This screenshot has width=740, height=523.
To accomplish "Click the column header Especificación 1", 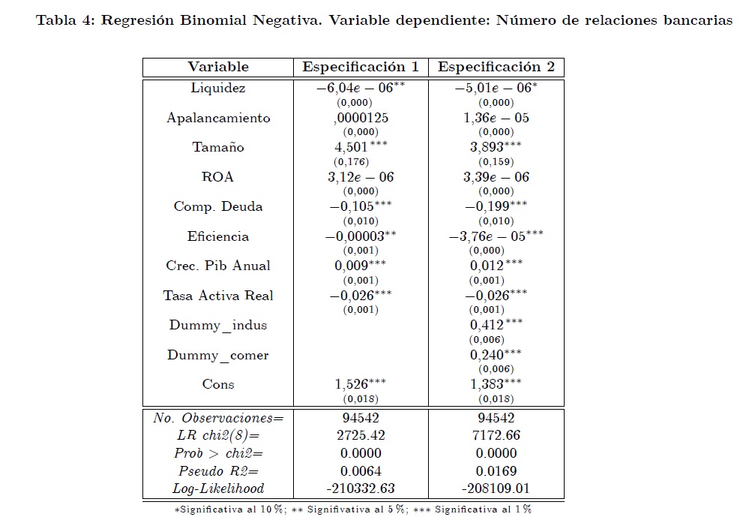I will (x=361, y=67).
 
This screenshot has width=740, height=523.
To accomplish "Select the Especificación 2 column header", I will (x=496, y=67).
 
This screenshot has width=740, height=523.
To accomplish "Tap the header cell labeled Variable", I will (x=218, y=67).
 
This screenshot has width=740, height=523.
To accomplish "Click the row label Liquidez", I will (x=218, y=88).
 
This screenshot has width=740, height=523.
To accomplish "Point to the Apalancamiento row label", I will (x=218, y=118).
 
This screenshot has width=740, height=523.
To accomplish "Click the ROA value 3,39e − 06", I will (x=496, y=177).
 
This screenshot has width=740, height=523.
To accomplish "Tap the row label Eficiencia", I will (x=218, y=236).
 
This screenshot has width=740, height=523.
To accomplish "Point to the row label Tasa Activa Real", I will (x=218, y=296).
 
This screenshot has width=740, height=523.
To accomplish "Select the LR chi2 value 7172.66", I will (x=496, y=435).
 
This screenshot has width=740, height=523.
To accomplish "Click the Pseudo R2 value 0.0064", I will (x=361, y=471).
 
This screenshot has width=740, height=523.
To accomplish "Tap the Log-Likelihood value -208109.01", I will (x=496, y=488).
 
